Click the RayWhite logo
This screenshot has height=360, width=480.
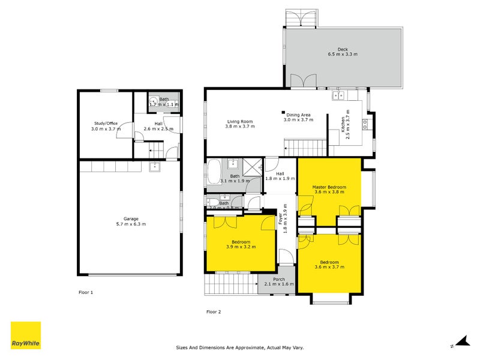(26, 335)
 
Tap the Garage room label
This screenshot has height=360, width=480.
(131, 218)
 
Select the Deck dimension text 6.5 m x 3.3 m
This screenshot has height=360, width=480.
(343, 55)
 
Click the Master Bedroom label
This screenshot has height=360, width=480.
(329, 187)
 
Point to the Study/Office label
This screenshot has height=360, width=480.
(106, 123)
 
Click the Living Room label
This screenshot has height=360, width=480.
(240, 121)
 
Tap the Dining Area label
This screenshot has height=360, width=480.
(298, 115)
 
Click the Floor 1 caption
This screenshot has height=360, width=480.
(86, 292)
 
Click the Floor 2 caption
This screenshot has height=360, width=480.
(214, 311)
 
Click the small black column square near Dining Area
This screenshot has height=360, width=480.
(283, 112)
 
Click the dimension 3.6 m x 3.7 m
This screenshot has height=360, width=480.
(329, 268)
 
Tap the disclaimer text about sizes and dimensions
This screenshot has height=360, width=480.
(239, 347)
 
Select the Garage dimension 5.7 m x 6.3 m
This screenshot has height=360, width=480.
(131, 224)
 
